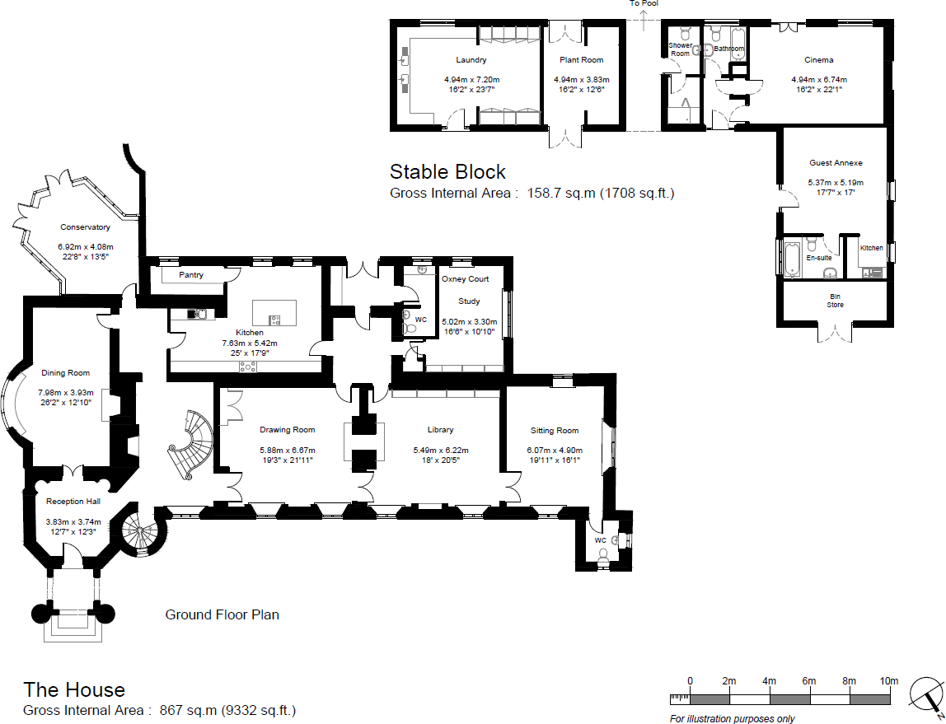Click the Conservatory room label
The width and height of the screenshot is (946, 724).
coord(85,227)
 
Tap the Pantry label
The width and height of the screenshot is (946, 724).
coord(190,275)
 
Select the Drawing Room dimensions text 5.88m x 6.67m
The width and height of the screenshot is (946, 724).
coord(287,451)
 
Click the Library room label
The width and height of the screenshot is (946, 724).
coord(440,430)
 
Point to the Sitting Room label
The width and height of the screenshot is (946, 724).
coord(554,431)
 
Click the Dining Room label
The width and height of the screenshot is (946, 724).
coord(66,373)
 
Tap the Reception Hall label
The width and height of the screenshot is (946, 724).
coord(73,502)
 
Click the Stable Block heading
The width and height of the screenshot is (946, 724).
coord(447,172)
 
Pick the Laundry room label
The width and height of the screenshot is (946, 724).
coord(471,60)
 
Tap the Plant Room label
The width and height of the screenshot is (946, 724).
coord(582,60)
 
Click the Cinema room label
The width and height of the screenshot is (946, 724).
coord(819,60)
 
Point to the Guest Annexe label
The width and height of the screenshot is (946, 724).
coord(835,163)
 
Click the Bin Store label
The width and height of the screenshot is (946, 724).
coord(836,300)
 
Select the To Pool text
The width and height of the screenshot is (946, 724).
coord(644,3)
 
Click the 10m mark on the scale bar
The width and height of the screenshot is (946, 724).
coord(888,681)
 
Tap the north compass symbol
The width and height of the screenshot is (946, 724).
coord(926,697)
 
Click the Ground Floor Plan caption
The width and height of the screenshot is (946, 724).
coord(222,614)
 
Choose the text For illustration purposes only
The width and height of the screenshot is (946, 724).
coord(732,719)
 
